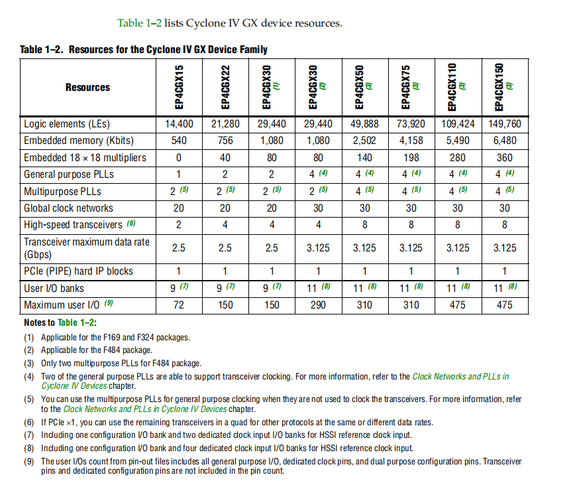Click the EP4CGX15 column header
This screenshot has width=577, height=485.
click(179, 87)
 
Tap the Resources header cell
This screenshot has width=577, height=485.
click(87, 87)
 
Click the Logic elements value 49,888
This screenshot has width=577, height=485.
click(365, 123)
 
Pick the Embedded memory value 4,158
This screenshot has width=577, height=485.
click(411, 141)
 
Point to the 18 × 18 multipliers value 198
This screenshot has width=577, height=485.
click(411, 158)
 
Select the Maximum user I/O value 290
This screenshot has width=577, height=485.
click(319, 305)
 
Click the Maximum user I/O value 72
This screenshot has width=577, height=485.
click(179, 305)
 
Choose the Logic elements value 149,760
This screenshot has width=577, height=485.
click(504, 123)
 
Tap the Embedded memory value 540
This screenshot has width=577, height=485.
click(179, 141)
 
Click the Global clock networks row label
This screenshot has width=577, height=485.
click(68, 208)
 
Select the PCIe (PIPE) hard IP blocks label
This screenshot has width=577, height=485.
click(78, 271)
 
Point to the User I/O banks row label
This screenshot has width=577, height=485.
click(54, 288)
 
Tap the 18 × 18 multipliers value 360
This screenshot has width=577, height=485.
click(504, 158)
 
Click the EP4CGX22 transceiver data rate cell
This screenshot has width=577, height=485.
click(225, 247)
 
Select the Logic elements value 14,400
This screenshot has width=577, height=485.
click(179, 123)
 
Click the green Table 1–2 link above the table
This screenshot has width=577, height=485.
click(139, 23)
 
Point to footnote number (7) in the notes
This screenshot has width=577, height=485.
click(29, 435)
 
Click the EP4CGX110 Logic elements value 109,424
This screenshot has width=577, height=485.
click(458, 123)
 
